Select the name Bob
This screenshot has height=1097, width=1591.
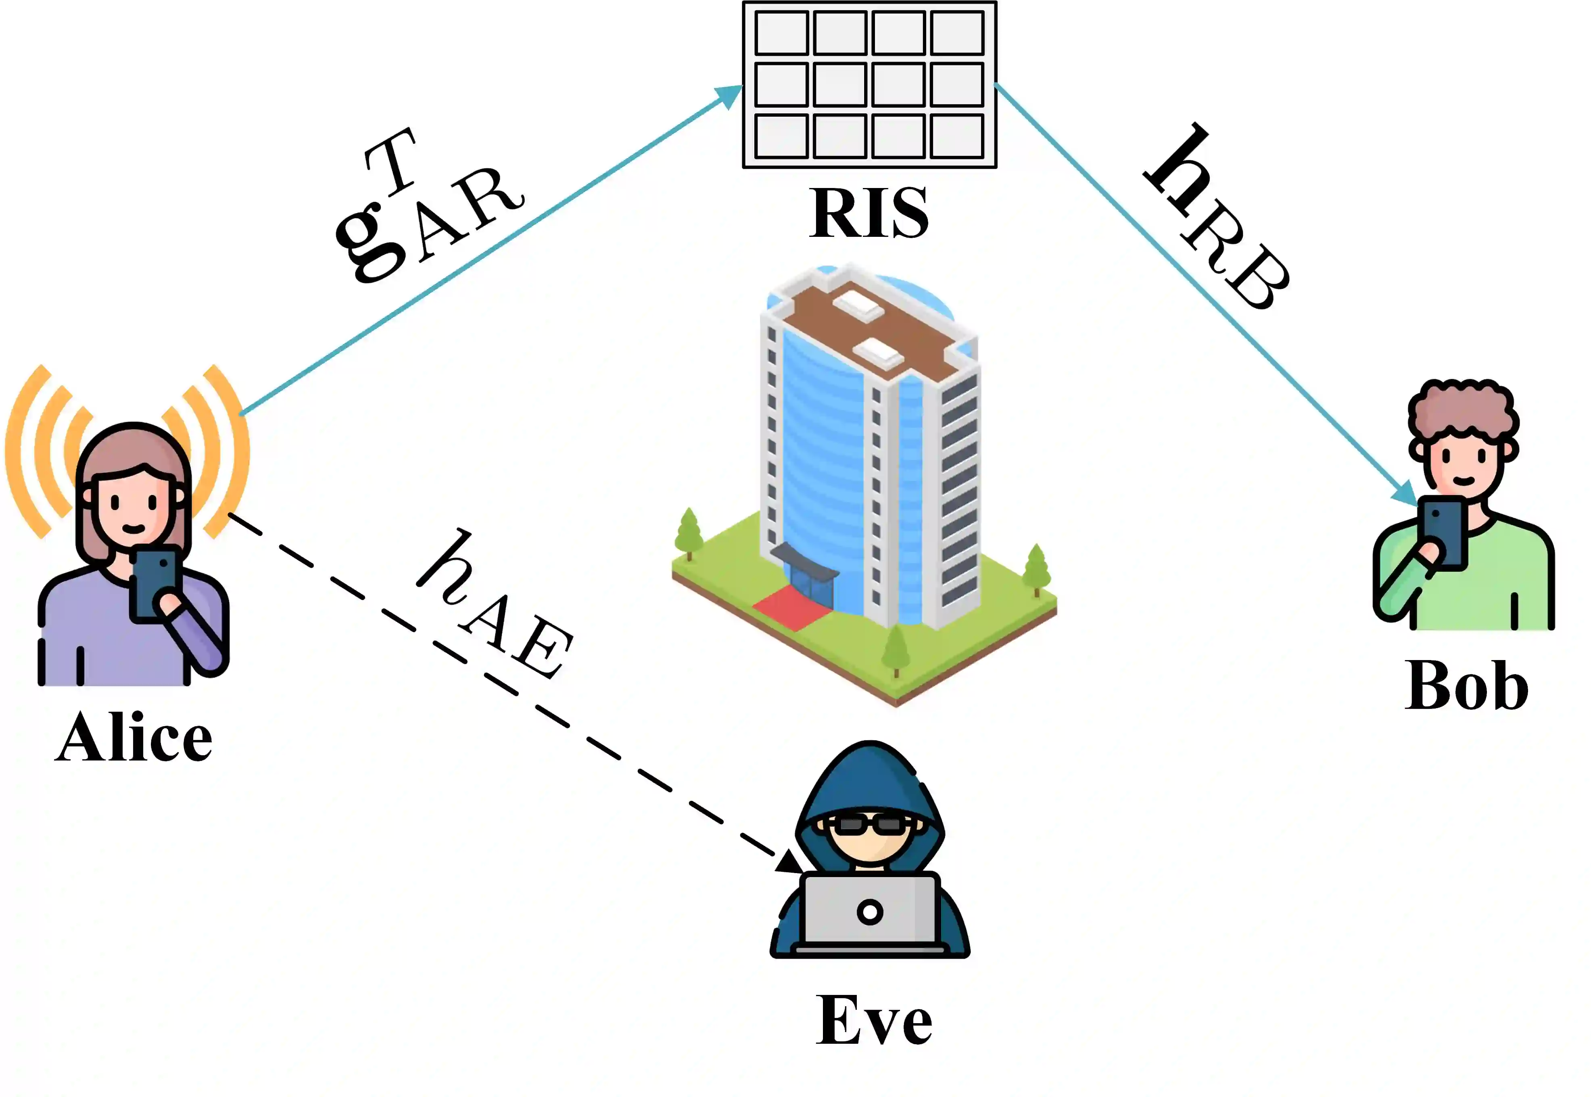click(1466, 685)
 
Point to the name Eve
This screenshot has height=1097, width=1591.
click(874, 1021)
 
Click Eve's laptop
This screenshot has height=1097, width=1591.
click(869, 911)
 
